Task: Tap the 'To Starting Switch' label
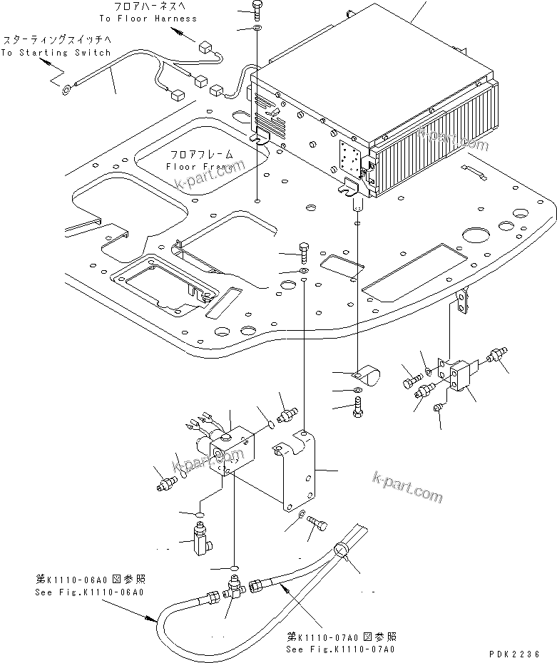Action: point(56,52)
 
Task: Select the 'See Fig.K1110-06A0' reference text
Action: point(91,592)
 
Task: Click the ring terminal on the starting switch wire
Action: point(66,89)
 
